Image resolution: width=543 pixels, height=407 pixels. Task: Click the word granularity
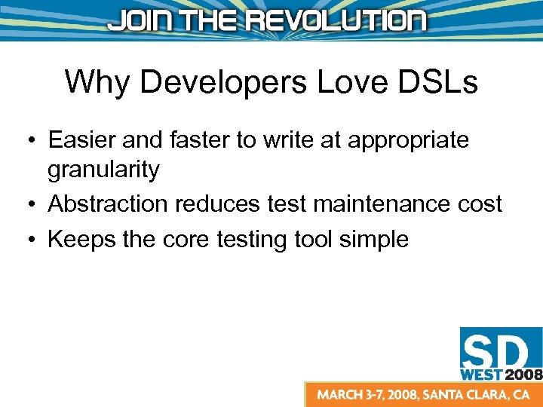pos(103,171)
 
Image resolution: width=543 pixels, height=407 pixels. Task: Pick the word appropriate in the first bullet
pos(401,141)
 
